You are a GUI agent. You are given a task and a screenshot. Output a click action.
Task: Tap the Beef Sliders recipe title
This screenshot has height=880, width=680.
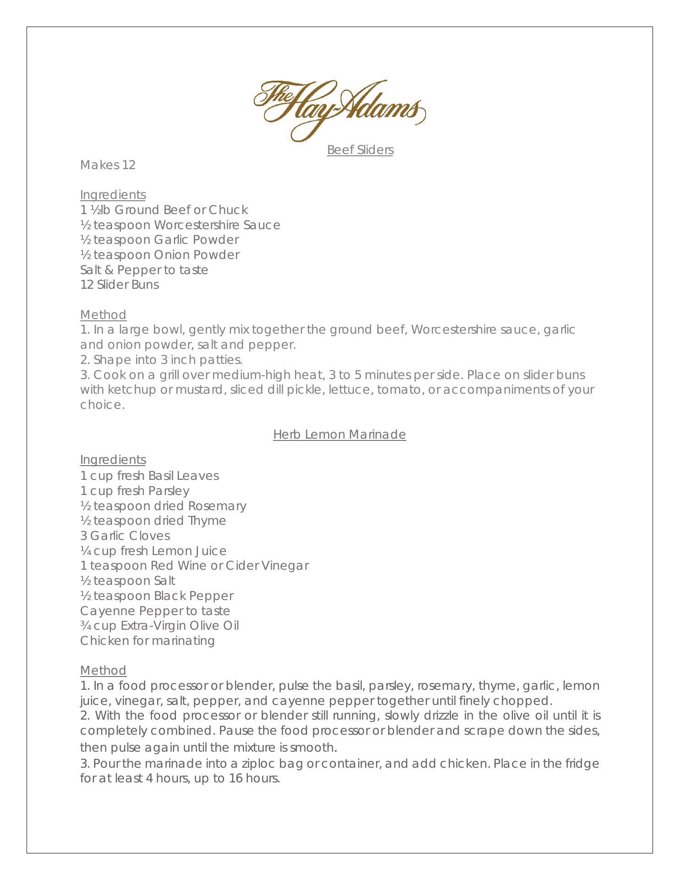(x=360, y=150)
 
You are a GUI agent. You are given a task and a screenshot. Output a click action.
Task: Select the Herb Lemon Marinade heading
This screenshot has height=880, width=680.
(x=340, y=434)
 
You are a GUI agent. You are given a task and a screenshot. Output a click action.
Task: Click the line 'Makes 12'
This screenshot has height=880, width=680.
(x=108, y=165)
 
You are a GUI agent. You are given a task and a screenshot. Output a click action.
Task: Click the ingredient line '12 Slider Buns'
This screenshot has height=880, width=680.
(x=120, y=285)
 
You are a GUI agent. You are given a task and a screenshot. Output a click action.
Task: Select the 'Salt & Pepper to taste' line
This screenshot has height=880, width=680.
(x=144, y=270)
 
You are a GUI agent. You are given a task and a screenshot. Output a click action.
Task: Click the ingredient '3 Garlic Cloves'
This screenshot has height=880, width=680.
(x=125, y=536)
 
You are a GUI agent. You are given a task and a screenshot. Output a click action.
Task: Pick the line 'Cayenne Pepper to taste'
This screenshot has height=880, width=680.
(x=155, y=611)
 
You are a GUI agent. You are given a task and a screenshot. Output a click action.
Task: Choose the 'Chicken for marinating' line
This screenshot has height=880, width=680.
(x=147, y=641)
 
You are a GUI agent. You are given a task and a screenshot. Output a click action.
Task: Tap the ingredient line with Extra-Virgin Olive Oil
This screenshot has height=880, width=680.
(x=159, y=626)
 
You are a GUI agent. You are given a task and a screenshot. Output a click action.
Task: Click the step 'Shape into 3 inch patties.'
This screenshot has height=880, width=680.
(x=161, y=359)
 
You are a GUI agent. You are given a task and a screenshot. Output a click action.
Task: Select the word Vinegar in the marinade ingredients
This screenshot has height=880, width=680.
(x=285, y=566)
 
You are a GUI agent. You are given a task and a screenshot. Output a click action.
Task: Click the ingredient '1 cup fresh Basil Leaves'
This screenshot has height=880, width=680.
(x=149, y=476)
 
